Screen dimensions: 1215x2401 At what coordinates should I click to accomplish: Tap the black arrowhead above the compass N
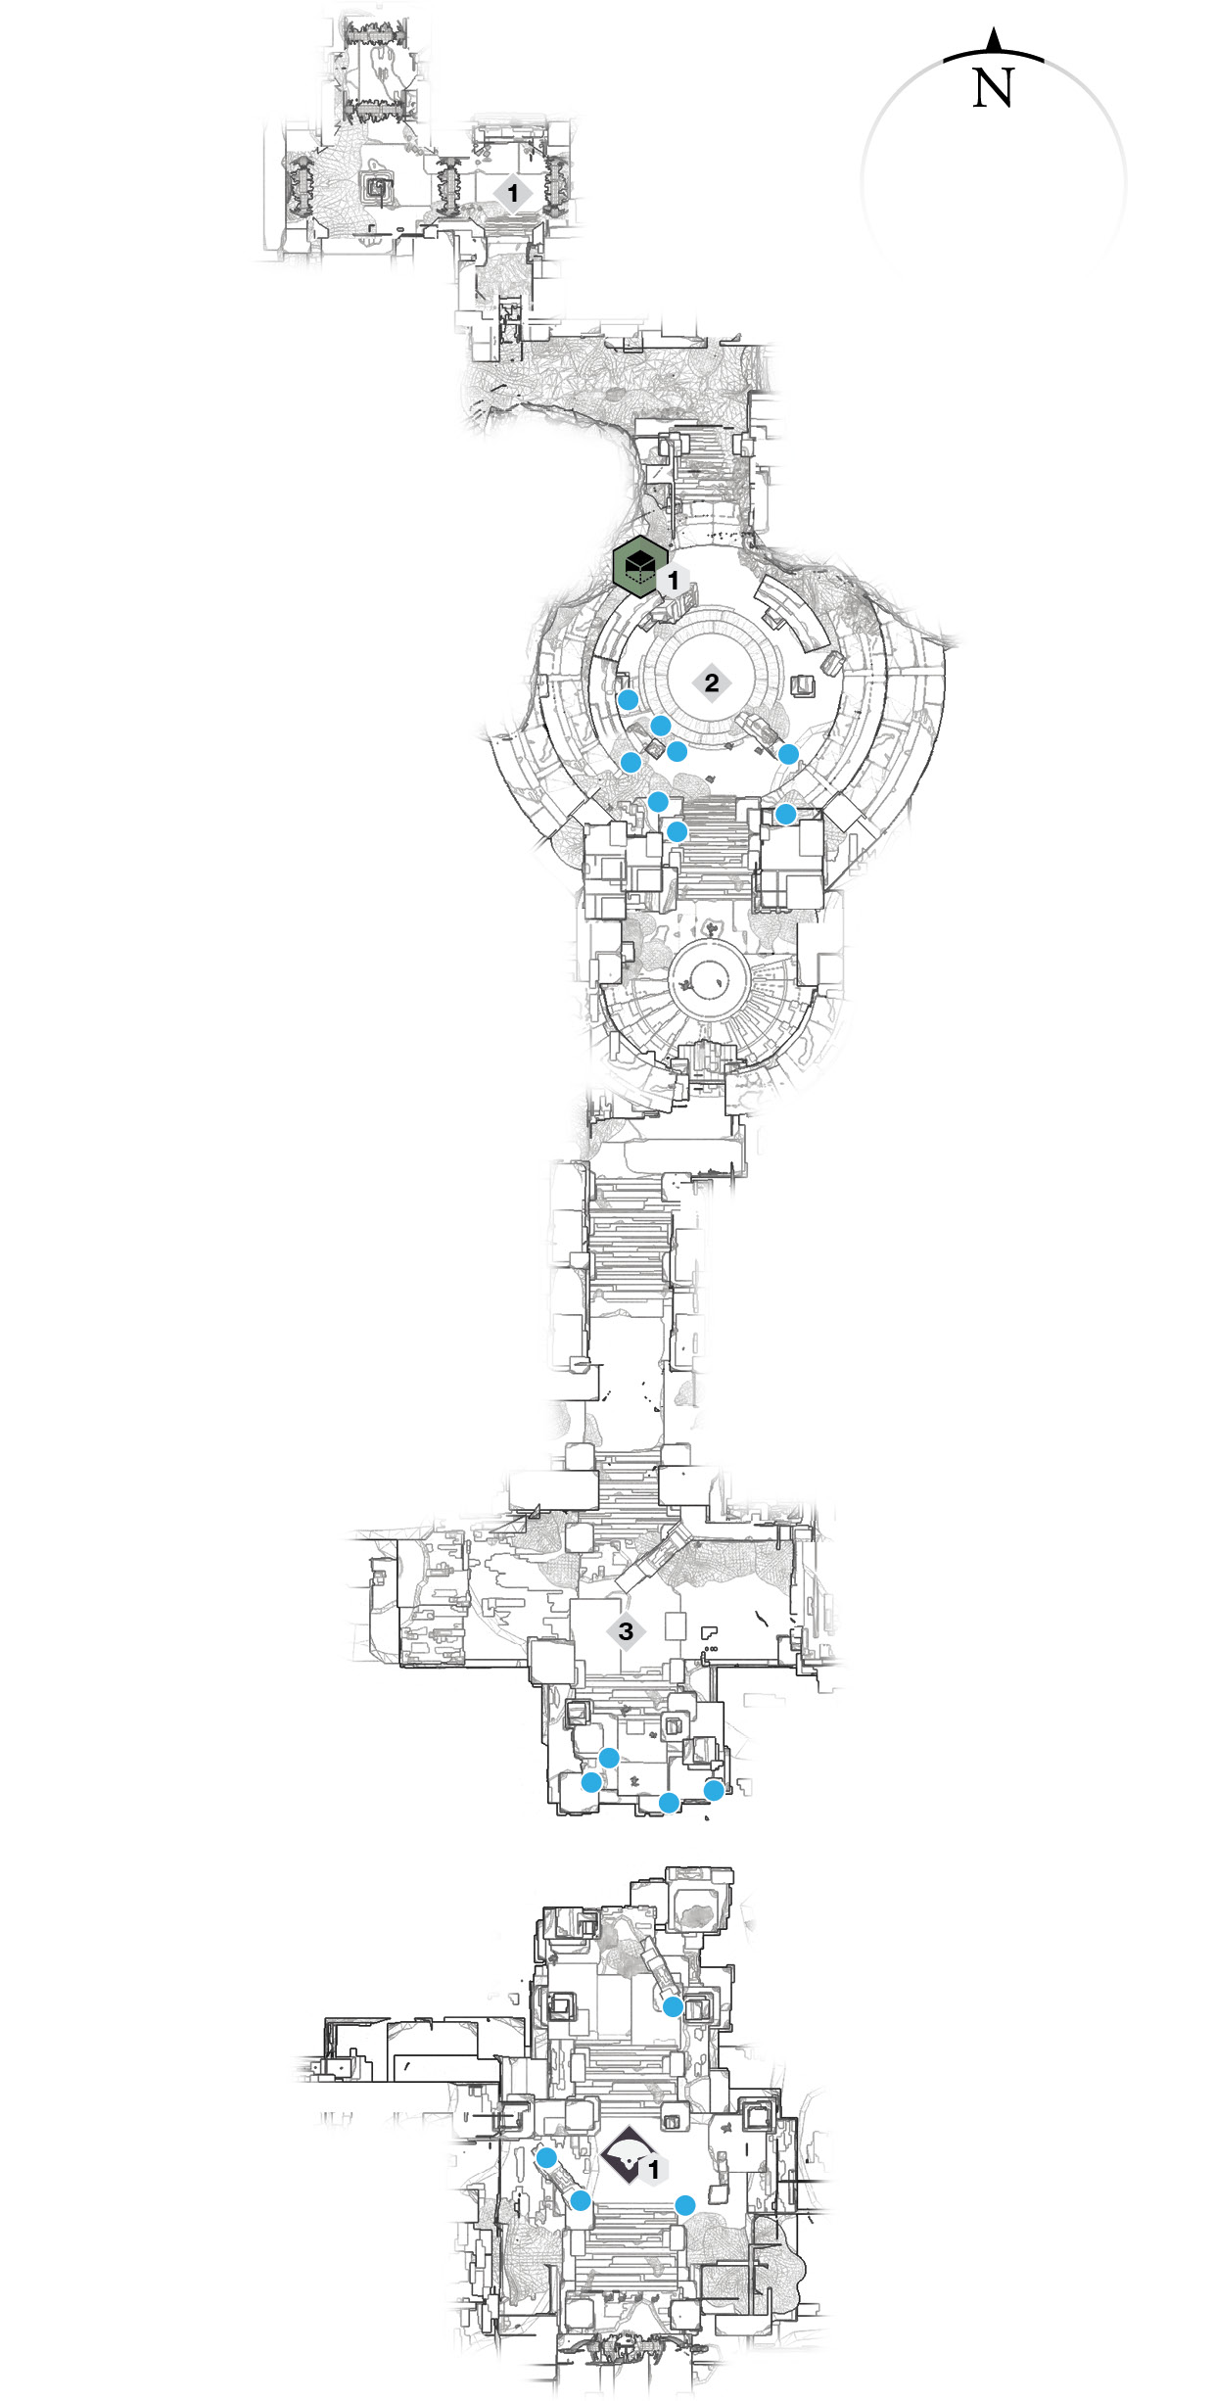(994, 40)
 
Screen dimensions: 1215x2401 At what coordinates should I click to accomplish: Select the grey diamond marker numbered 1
(513, 193)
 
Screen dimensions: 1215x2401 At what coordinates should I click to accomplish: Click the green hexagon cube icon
(640, 566)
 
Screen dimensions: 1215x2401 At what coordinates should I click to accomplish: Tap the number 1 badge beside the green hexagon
(673, 581)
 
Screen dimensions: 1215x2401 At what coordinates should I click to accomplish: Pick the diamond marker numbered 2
(712, 683)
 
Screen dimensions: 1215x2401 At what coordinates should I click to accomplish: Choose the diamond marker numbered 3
(626, 1631)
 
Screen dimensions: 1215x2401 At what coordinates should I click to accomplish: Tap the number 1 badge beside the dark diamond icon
(654, 2170)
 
